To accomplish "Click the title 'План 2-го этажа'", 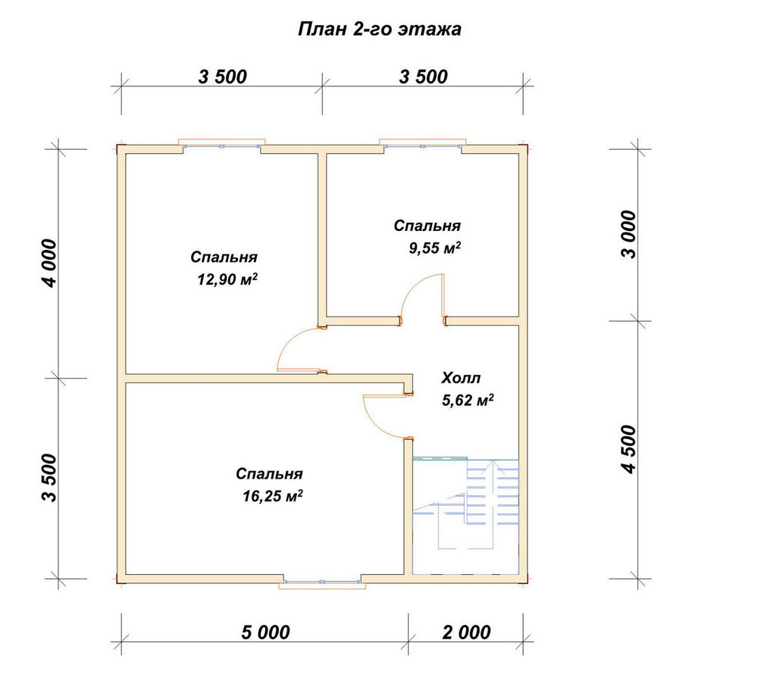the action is (x=380, y=29).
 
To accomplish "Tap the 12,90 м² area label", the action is (x=227, y=279).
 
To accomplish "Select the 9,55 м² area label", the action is (x=434, y=248).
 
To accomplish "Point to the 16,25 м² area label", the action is (x=273, y=495).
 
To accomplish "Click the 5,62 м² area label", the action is (x=468, y=400).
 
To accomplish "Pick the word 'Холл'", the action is (x=461, y=378).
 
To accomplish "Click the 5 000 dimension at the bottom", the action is (x=265, y=632).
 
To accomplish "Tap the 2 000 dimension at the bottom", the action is (x=466, y=632).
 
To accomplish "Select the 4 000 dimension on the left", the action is (x=50, y=264).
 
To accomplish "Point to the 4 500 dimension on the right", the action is (x=629, y=449).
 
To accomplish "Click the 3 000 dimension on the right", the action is (x=629, y=234).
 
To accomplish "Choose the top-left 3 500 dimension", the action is (x=222, y=76).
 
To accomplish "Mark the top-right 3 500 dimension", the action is (x=424, y=76).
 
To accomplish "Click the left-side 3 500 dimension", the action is (x=50, y=478).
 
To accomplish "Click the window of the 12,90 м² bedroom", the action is (x=222, y=145).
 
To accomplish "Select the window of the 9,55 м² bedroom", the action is (x=422, y=145).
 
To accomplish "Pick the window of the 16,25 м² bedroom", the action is (x=322, y=582).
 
